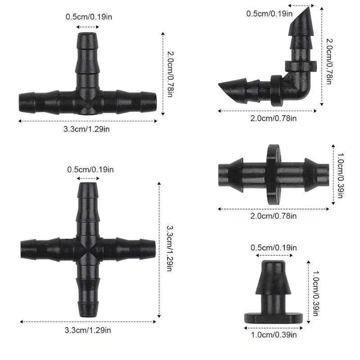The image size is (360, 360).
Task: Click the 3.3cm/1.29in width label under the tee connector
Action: click(x=88, y=129)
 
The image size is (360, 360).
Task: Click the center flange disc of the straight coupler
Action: click(x=271, y=173)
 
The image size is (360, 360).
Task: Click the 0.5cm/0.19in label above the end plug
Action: click(x=274, y=247)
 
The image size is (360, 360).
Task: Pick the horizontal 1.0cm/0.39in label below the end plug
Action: click(x=274, y=334)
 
